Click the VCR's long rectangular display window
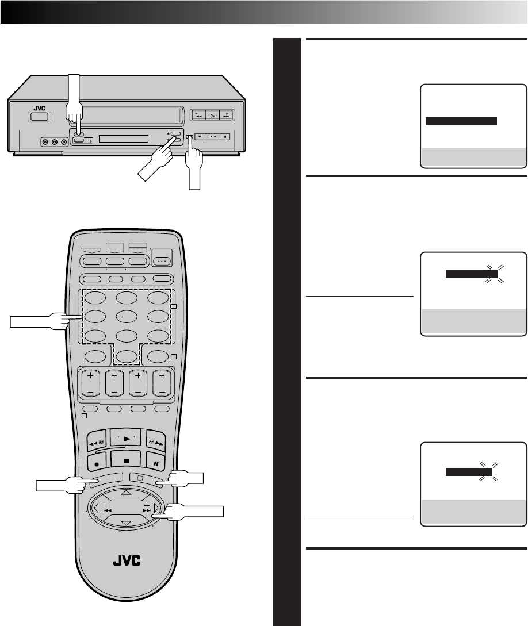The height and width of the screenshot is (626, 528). (123, 139)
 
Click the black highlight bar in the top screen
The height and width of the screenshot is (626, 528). (460, 121)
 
